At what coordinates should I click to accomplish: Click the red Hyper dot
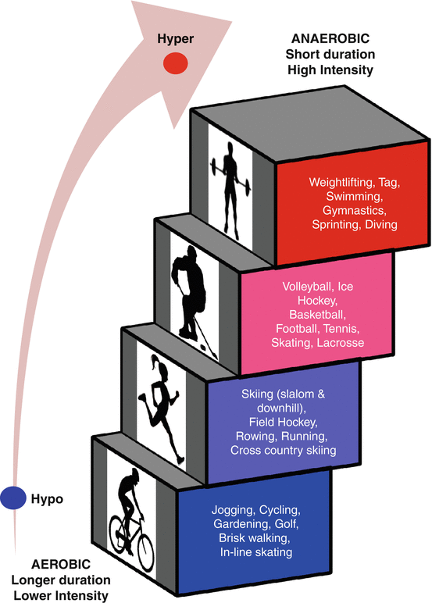point(176,63)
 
